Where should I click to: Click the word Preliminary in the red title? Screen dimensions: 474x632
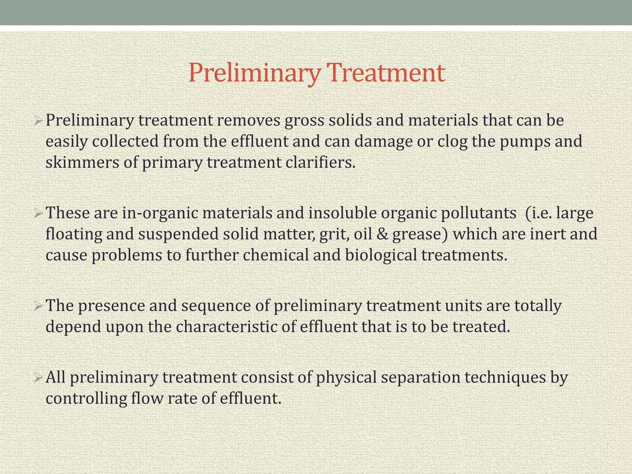[x=254, y=73]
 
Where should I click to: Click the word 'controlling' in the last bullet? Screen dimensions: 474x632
[x=86, y=398]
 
